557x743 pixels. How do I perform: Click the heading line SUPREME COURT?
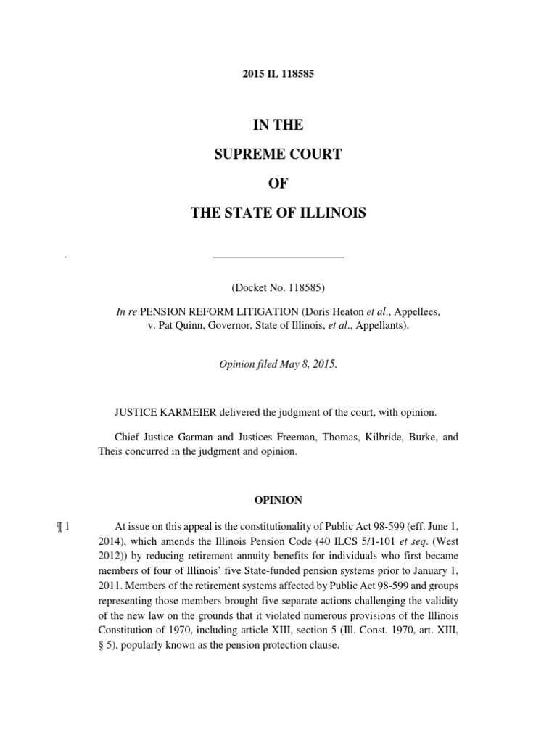(x=278, y=155)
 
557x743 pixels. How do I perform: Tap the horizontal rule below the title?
(x=278, y=258)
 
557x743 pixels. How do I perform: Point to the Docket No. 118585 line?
(x=278, y=287)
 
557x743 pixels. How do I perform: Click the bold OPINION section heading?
(x=278, y=500)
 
